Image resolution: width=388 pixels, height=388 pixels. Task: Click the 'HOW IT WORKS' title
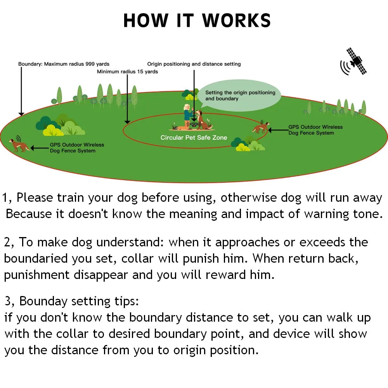pos(197,21)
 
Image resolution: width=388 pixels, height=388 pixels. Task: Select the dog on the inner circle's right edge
pos(260,127)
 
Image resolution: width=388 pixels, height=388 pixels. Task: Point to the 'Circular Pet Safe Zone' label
pos(194,138)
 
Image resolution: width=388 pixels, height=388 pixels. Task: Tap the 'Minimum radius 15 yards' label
pos(127,72)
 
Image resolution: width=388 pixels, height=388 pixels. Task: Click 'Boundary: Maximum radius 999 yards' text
pos(64,64)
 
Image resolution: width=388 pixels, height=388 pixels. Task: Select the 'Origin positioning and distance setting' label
pos(194,64)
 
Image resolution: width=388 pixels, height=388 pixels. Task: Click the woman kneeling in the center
pos(187,114)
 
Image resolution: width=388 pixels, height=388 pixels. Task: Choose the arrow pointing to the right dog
pos(278,130)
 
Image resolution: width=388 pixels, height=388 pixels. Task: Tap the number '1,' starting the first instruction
pos(8,198)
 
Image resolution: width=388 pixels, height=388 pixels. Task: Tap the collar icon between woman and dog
pos(192,125)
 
